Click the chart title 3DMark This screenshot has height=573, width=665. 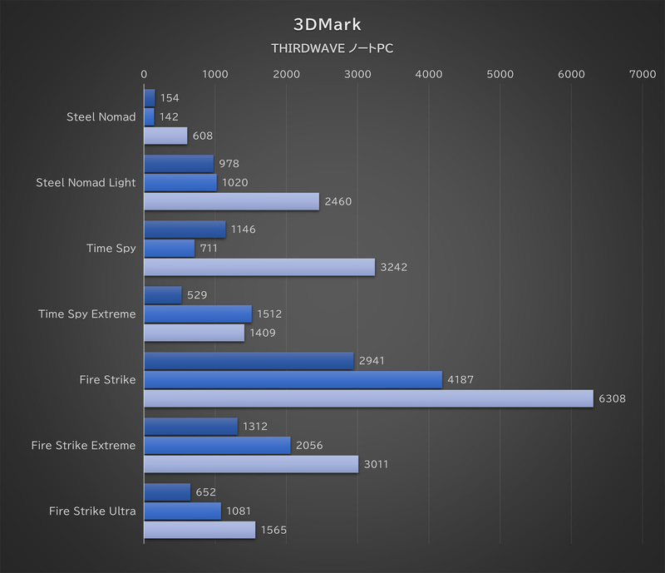tap(332, 24)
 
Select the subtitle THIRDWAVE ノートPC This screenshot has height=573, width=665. tap(332, 48)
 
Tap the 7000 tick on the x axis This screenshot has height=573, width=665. tap(643, 74)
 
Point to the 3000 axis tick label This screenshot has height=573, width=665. tap(357, 74)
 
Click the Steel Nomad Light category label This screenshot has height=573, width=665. tap(86, 182)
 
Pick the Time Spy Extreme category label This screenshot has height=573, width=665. tap(87, 314)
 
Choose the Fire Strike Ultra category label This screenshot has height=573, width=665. tap(92, 511)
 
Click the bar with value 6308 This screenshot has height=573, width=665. tap(368, 398)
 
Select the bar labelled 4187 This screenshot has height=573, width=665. tap(293, 379)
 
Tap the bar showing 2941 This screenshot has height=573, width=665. tap(249, 360)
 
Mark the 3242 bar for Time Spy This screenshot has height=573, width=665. tap(259, 267)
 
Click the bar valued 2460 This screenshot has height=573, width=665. tap(231, 201)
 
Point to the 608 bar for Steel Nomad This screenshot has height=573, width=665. tap(165, 136)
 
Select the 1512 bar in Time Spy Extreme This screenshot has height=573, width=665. tap(198, 314)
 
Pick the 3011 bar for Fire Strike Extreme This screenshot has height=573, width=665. tap(251, 464)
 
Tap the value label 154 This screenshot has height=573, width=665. tap(170, 97)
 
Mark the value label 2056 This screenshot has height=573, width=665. tap(309, 445)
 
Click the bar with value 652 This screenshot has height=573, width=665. tap(167, 491)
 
